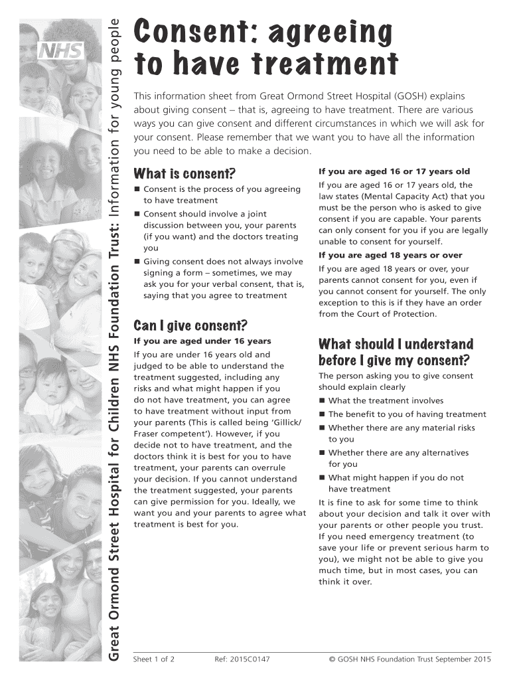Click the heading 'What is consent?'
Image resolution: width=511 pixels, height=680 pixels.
(x=184, y=174)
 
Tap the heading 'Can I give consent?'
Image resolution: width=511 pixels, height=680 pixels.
(x=190, y=325)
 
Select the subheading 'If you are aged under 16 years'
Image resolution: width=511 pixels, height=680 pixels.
(x=193, y=341)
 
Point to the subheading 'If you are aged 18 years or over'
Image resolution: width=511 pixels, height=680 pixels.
(x=390, y=255)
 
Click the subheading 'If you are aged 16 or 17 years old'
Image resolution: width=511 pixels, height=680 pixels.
(x=394, y=171)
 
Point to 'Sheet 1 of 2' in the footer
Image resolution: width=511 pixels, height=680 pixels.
(x=154, y=659)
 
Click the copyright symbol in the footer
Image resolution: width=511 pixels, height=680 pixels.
(x=332, y=659)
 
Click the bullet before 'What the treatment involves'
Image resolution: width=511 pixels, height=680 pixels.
(x=322, y=400)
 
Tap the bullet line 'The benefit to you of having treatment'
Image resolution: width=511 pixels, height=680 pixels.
(x=407, y=414)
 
